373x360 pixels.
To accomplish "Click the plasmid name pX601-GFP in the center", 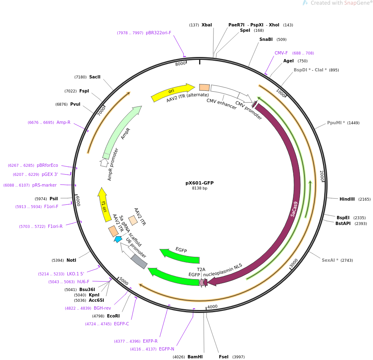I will pos(200,183).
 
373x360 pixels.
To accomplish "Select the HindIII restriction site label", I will pos(347,199).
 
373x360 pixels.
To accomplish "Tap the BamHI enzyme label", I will pos(195,357).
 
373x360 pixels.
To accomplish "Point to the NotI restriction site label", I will pos(71,261).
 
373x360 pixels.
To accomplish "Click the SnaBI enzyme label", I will pos(266,40).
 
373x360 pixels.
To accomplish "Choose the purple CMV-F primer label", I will pos(281,53).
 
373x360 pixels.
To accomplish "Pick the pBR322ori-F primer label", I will pos(158,33).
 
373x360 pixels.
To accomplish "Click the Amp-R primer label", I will pos(63,122).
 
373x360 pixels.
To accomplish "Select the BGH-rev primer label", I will pos(102,308).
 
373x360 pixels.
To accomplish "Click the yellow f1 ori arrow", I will pos(104,204).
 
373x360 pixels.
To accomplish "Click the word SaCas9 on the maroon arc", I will pos(294,209).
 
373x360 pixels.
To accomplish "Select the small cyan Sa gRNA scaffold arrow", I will pos(118,239).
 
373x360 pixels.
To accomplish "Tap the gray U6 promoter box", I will pos(139,261).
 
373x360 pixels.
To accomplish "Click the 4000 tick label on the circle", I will pos(212,307).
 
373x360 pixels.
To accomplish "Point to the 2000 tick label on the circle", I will pos(322,176).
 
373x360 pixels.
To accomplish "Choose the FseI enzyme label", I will pos(223,357).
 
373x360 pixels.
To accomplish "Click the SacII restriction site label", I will pos(95,77).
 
